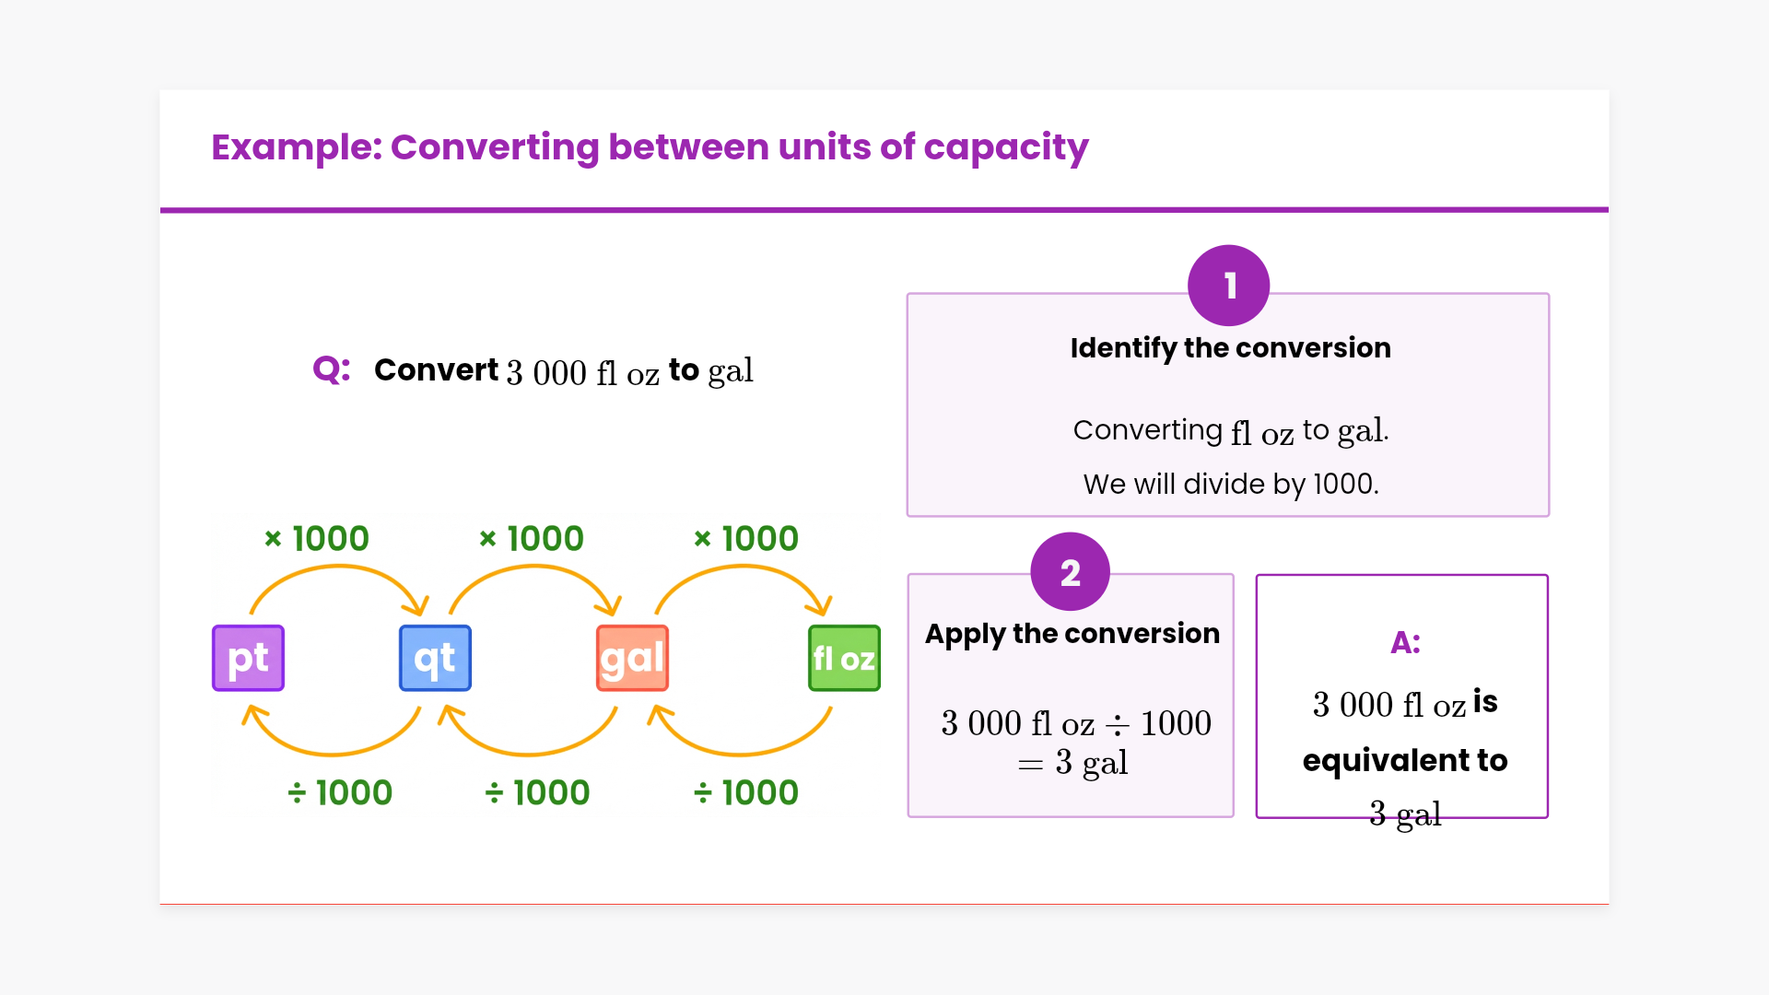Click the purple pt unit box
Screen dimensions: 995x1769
click(x=248, y=658)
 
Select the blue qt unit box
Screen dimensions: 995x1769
click(x=435, y=658)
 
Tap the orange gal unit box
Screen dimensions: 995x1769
click(x=632, y=658)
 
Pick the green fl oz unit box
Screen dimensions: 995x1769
click(x=844, y=658)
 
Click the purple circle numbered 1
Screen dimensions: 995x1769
click(x=1228, y=286)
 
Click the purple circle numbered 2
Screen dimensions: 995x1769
click(x=1070, y=572)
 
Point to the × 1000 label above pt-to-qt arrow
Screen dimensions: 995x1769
click(x=317, y=539)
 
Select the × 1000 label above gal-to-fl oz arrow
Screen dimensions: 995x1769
click(x=746, y=539)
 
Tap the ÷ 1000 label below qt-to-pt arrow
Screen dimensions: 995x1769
click(x=340, y=792)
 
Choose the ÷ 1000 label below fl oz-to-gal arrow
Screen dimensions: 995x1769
click(x=746, y=792)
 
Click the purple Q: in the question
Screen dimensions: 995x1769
click(x=332, y=369)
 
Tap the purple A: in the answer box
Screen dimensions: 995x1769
click(x=1405, y=642)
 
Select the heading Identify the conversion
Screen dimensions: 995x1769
click(x=1230, y=348)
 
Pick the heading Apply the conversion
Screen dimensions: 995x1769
click(x=1072, y=634)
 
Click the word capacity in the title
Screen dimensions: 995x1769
click(x=1006, y=147)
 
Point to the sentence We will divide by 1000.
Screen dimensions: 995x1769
click(x=1230, y=484)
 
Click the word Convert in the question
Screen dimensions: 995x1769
click(x=436, y=370)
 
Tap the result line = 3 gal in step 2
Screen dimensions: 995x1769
click(x=1073, y=763)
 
